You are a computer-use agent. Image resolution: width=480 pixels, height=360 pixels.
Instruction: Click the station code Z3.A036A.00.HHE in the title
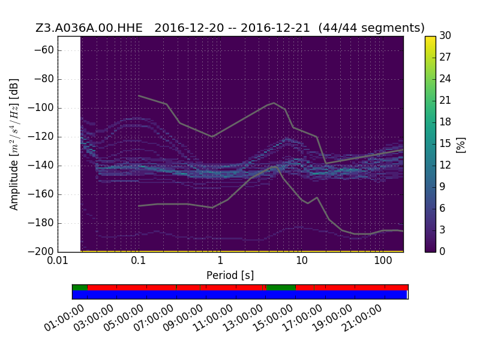pos(89,28)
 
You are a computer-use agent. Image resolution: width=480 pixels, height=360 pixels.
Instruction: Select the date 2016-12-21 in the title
pos(275,28)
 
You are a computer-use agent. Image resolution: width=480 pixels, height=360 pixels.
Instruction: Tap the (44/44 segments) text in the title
pos(371,28)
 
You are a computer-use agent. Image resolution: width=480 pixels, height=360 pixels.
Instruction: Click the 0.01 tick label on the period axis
pos(58,260)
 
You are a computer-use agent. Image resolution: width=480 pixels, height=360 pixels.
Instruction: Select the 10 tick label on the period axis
pos(302,260)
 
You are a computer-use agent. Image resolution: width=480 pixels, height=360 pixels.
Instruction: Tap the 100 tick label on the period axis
pos(383,260)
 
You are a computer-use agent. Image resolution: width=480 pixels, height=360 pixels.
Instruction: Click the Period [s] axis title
pos(230,275)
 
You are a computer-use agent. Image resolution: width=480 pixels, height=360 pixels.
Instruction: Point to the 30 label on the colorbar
pos(445,35)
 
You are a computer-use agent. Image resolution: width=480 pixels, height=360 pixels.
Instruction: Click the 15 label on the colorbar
pos(445,143)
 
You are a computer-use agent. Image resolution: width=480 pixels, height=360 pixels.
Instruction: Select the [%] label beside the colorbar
pos(460,145)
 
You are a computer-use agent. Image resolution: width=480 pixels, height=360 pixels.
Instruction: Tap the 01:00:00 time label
pos(64,319)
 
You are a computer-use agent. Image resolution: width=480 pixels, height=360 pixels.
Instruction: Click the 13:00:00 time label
pos(242,319)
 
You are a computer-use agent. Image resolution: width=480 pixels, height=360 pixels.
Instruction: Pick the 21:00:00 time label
pos(362,319)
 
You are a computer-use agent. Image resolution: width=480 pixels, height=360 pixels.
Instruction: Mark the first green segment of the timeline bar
pos(80,287)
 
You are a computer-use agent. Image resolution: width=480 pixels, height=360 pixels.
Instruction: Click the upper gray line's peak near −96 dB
pos(274,103)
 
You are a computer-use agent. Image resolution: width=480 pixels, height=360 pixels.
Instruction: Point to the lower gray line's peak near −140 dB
pos(276,166)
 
